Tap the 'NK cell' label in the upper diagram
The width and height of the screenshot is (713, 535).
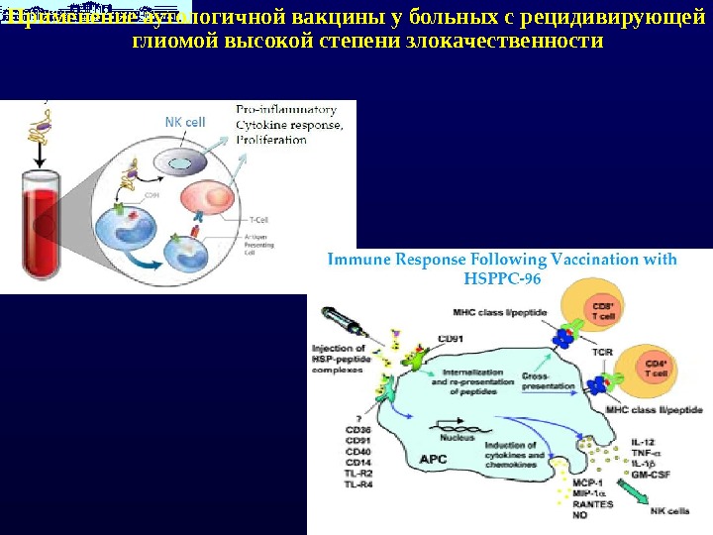point(185,122)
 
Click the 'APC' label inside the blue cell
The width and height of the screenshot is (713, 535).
point(434,459)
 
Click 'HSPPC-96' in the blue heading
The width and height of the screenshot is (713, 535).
point(502,278)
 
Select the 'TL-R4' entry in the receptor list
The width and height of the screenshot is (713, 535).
point(359,484)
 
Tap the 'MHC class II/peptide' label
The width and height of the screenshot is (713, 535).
point(654,409)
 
